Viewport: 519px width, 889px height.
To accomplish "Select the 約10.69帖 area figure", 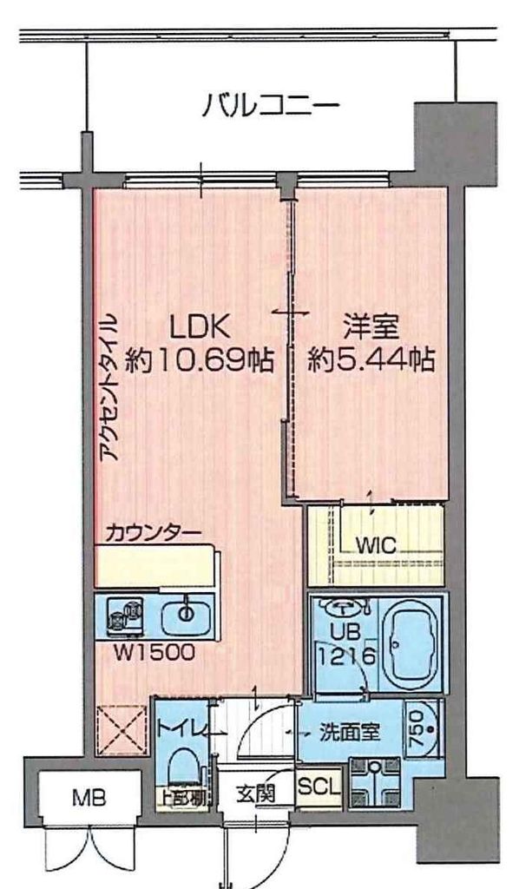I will coord(199,358).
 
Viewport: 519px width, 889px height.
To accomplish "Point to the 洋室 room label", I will coord(371,327).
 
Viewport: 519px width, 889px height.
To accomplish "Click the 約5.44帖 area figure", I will coord(371,358).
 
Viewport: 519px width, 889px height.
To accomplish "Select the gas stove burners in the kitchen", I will coord(123,616).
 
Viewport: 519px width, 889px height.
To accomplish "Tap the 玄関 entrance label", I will coord(258,793).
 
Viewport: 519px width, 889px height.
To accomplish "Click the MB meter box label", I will coord(85,795).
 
